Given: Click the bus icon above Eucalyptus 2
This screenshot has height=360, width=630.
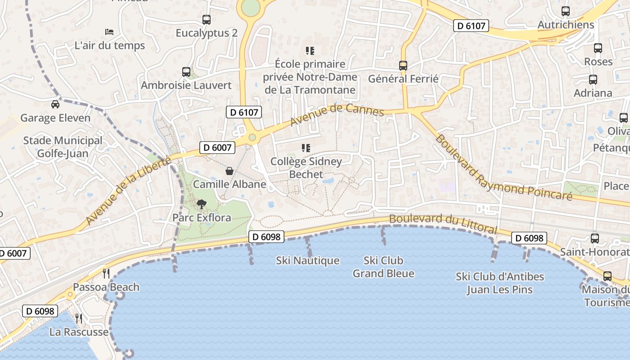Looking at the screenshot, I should click(207, 20).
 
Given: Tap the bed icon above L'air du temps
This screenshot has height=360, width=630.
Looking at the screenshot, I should click(109, 32).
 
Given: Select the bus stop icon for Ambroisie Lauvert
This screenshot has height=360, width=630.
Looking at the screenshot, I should click(186, 72).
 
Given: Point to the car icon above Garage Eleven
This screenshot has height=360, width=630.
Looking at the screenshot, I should click(55, 104).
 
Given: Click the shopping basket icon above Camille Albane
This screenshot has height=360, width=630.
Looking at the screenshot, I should click(229, 171).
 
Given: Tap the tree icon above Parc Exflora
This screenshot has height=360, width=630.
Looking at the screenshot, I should click(201, 204).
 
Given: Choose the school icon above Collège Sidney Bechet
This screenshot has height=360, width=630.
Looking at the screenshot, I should click(306, 148).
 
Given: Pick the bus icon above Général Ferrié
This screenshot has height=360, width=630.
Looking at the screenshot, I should click(403, 66).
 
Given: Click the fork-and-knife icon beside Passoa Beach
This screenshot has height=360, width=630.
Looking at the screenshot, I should click(106, 273).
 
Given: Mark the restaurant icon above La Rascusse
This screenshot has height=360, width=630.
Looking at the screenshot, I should click(79, 319).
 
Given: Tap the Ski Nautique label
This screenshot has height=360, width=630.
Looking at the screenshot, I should click(308, 261).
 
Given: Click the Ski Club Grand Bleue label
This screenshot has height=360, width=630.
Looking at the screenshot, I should click(383, 267).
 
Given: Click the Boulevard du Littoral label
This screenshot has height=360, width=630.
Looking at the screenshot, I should click(443, 223).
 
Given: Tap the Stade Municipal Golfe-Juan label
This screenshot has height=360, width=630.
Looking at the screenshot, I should click(63, 147).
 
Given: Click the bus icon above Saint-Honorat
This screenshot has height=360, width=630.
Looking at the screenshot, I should click(595, 238).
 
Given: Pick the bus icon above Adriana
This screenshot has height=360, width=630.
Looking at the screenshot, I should click(593, 80).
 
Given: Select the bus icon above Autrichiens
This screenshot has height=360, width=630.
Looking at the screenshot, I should click(566, 11).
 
